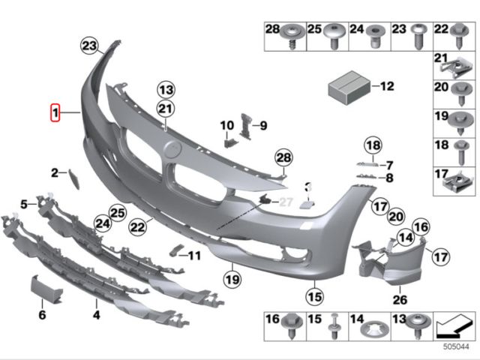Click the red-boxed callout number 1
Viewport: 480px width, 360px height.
(54, 114)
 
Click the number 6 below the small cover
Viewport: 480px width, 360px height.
(42, 314)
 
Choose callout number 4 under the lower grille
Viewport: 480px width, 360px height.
(96, 314)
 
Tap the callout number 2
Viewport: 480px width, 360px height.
(55, 173)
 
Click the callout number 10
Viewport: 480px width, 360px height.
(227, 124)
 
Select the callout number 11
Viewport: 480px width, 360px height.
(194, 256)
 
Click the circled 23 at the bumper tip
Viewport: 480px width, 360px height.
(90, 46)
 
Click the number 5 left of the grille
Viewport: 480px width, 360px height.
(24, 203)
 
